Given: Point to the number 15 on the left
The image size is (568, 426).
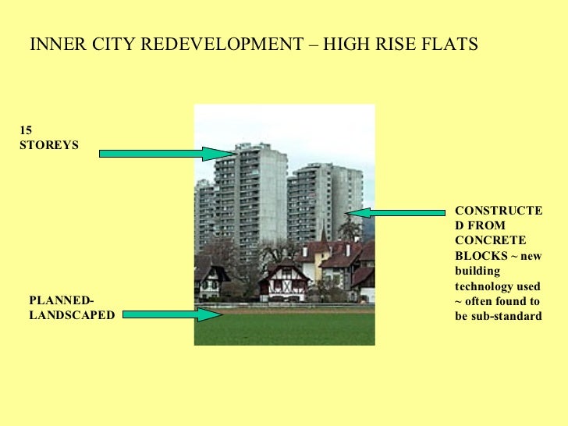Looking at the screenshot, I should click(26, 131).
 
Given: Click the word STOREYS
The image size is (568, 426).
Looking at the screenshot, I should click(48, 145).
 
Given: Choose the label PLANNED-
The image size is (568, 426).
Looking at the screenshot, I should click(61, 301).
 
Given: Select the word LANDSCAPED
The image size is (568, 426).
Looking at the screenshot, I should click(72, 315).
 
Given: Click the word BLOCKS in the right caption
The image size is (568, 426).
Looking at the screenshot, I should click(477, 255).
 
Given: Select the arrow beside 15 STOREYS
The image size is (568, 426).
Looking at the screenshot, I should click(161, 154).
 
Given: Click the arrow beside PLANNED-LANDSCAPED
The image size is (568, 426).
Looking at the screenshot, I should click(172, 314).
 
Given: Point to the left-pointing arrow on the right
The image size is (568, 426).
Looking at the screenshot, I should click(396, 211).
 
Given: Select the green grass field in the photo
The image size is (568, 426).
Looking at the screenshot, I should click(284, 328).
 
